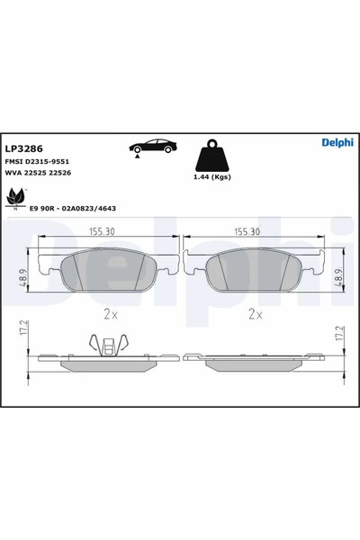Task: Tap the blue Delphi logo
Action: pos(337,142)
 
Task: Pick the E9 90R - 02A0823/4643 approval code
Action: pos(72,208)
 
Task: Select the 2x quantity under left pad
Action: pos(110,314)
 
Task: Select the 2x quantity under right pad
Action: pos(255,314)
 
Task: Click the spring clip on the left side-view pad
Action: pos(107,344)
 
